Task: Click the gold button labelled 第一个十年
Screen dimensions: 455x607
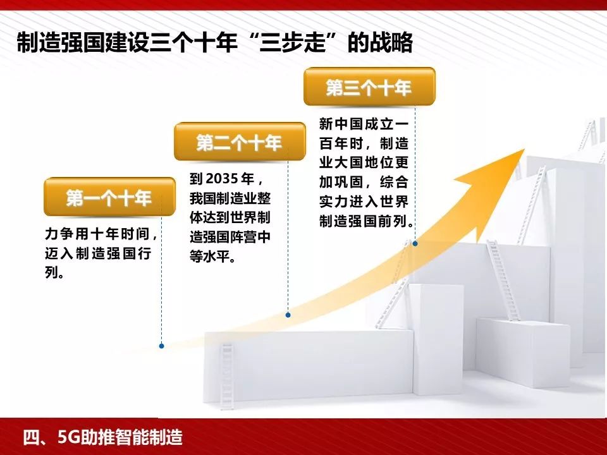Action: click(109, 198)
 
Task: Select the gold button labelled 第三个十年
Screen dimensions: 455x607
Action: click(369, 88)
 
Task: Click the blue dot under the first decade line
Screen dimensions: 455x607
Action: click(162, 346)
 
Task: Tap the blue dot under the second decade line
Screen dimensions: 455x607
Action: click(288, 314)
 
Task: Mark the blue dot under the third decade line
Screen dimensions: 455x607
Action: click(415, 243)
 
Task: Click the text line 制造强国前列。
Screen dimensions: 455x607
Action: click(367, 222)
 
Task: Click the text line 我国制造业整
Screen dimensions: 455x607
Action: click(230, 198)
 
